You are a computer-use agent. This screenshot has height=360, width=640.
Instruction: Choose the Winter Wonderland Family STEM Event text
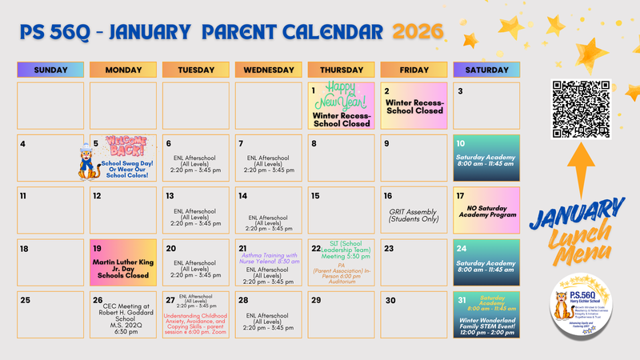(x=486, y=326)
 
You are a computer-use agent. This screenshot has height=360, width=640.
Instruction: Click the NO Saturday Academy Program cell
(x=486, y=213)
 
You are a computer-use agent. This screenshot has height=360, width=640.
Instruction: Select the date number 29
(x=316, y=301)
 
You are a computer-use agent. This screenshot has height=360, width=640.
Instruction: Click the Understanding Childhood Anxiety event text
(x=197, y=324)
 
